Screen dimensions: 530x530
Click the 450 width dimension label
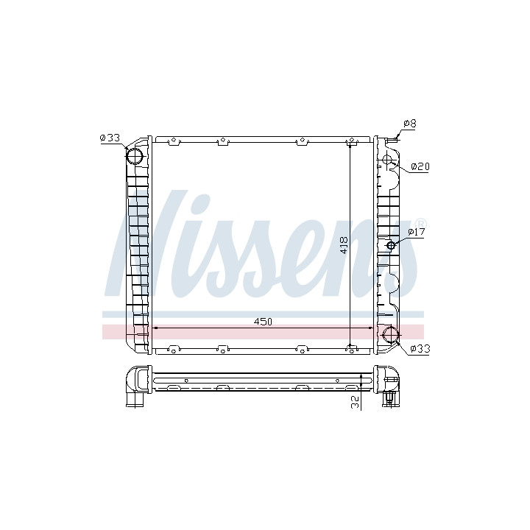[x=263, y=322]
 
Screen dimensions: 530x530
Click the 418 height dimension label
[x=344, y=244]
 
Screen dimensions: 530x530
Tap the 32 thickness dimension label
[x=356, y=402]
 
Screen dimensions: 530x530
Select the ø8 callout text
[x=410, y=124]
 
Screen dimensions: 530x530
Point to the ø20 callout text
[x=420, y=166]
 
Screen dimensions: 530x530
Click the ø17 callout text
[x=416, y=232]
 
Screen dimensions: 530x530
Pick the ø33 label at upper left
[x=110, y=138]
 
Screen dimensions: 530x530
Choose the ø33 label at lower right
[x=420, y=348]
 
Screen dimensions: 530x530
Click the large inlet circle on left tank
[x=135, y=156]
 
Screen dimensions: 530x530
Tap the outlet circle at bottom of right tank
[x=391, y=334]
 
